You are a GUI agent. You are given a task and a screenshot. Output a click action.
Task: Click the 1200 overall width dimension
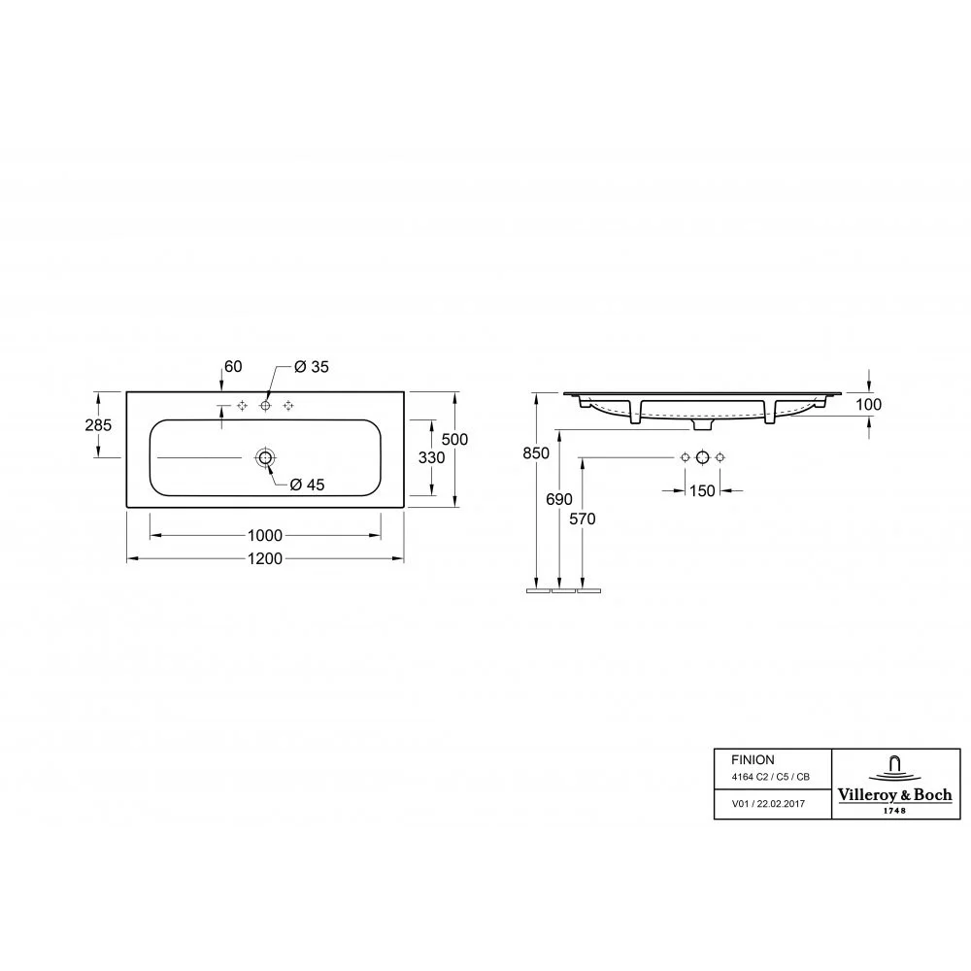click(x=265, y=558)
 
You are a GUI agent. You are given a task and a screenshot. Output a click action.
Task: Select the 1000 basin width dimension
click(x=265, y=535)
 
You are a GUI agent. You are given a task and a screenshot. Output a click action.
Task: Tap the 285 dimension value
click(x=98, y=425)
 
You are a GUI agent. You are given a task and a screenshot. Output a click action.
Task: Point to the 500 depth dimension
click(x=454, y=439)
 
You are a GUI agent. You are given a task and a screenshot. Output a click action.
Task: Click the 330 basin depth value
click(x=432, y=457)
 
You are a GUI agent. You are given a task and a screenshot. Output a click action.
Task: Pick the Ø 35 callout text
click(x=312, y=367)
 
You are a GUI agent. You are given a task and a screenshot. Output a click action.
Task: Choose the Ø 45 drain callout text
click(x=307, y=485)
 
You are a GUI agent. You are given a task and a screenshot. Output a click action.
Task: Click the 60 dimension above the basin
click(x=233, y=367)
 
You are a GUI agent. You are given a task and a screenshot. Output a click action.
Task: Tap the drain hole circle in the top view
click(x=266, y=457)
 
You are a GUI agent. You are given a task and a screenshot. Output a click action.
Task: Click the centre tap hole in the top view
click(x=266, y=406)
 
